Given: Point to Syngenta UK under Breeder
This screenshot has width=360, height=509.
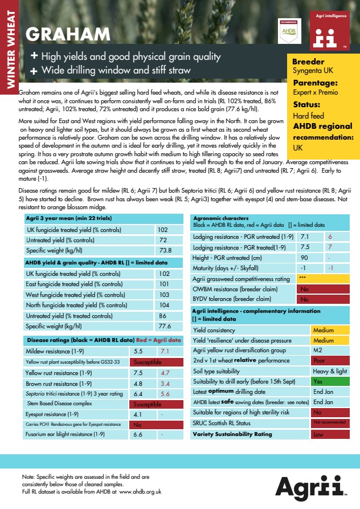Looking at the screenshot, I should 313,71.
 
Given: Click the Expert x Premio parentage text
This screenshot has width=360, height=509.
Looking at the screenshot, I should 315,92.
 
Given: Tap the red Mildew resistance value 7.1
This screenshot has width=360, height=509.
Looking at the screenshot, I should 166,351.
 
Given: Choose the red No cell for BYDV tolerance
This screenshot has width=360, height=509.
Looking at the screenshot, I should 323,299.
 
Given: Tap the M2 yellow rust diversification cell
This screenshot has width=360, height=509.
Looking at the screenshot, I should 329,350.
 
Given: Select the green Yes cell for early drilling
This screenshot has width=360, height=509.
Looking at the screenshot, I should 329,381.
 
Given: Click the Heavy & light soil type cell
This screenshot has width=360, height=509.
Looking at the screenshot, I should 329,371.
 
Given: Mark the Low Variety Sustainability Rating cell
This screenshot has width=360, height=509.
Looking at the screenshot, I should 329,434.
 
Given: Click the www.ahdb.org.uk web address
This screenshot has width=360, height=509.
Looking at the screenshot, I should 140,491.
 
